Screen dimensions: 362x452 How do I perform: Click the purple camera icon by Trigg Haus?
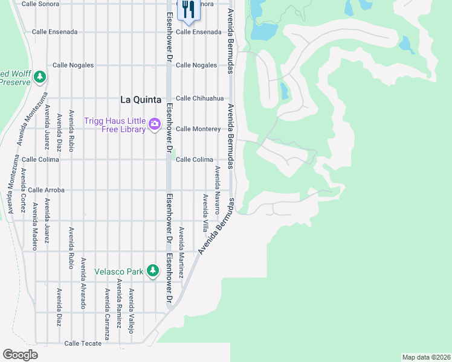tap(155, 124)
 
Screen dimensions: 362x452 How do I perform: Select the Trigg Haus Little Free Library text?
tap(115, 124)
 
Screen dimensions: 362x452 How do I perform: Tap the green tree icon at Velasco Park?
tap(153, 271)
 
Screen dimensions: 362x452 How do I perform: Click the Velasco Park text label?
tap(119, 271)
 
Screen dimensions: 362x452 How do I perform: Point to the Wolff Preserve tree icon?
tap(40, 77)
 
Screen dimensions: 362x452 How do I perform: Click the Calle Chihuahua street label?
tap(199, 98)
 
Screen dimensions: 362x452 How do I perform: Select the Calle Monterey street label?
tap(198, 129)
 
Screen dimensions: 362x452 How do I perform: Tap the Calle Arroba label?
tap(46, 190)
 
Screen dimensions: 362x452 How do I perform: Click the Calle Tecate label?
tap(83, 343)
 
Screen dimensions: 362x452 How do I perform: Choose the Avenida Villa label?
tap(205, 213)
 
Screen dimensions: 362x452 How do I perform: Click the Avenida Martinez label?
tap(181, 252)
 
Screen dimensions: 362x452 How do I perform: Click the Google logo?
tap(20, 355)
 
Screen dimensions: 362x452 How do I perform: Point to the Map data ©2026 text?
tap(426, 357)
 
